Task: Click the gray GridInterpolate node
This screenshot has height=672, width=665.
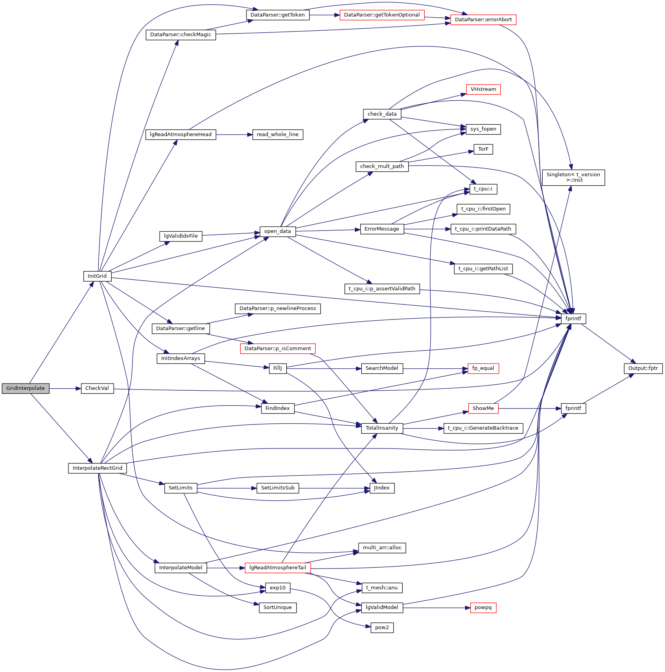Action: pos(26,388)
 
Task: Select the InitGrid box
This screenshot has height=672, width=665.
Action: pos(97,276)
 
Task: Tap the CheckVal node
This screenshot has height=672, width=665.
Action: pos(97,388)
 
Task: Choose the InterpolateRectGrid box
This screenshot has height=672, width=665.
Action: pos(98,468)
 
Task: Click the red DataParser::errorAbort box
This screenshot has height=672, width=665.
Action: pos(483,20)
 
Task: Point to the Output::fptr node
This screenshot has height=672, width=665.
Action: pos(643,368)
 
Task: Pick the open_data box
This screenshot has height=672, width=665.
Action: pos(277,231)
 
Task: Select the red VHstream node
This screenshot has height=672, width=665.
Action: pos(483,89)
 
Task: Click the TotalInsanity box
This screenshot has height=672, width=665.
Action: pos(382,428)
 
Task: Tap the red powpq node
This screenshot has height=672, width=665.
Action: pos(483,607)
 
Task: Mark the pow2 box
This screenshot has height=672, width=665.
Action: pos(382,628)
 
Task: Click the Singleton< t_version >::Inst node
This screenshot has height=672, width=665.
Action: pos(573,177)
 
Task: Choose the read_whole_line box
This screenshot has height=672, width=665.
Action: pos(277,135)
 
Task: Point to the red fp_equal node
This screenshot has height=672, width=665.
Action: pos(483,368)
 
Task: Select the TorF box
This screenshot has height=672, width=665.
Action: pos(483,149)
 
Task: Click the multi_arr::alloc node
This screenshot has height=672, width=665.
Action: pos(382,548)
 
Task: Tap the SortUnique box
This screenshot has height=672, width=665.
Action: pos(277,607)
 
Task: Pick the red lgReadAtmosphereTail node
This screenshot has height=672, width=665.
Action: pos(278,568)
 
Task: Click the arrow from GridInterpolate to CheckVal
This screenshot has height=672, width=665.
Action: pos(65,388)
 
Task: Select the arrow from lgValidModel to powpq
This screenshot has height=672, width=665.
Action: pos(437,608)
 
